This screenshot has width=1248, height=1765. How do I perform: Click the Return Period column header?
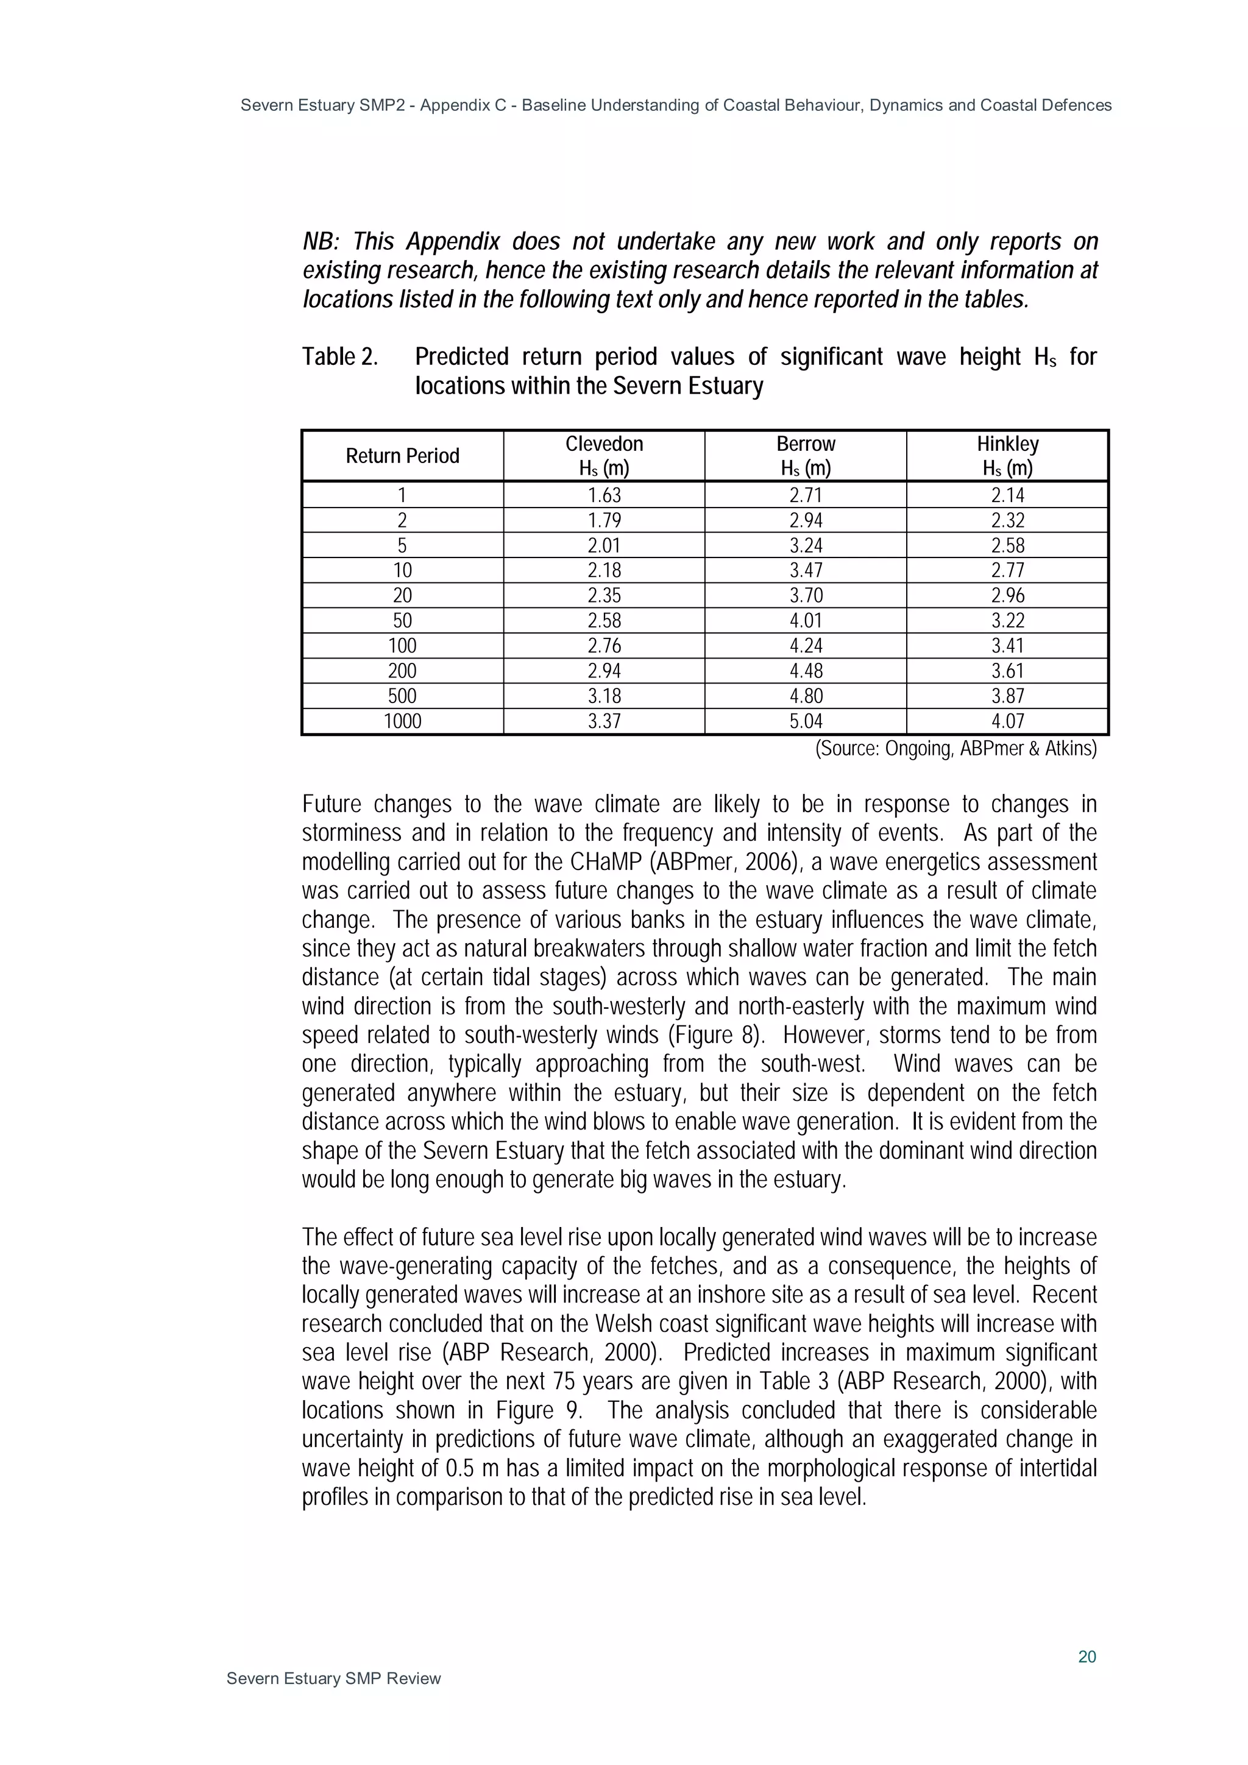[x=402, y=456]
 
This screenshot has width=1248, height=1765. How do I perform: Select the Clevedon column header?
[x=604, y=455]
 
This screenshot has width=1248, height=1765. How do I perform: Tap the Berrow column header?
[x=805, y=455]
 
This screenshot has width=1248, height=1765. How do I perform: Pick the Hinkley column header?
[x=1007, y=455]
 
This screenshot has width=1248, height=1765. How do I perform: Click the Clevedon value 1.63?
[x=604, y=495]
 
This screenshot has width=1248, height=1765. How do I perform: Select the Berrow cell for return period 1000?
[x=805, y=721]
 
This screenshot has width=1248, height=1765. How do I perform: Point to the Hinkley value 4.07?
[x=1007, y=721]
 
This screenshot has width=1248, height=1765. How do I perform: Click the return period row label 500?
[x=402, y=696]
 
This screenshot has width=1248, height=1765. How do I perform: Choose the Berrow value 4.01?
[x=805, y=620]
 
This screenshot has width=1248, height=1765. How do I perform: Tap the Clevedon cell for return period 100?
[x=604, y=646]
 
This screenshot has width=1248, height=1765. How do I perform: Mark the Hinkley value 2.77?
[x=1007, y=570]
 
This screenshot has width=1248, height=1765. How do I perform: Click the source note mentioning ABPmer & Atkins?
[x=955, y=748]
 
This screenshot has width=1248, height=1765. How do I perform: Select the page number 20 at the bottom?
[x=1087, y=1657]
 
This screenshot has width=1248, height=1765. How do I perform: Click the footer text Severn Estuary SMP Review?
[x=334, y=1678]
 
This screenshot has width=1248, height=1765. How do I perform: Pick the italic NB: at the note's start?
[x=321, y=241]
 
